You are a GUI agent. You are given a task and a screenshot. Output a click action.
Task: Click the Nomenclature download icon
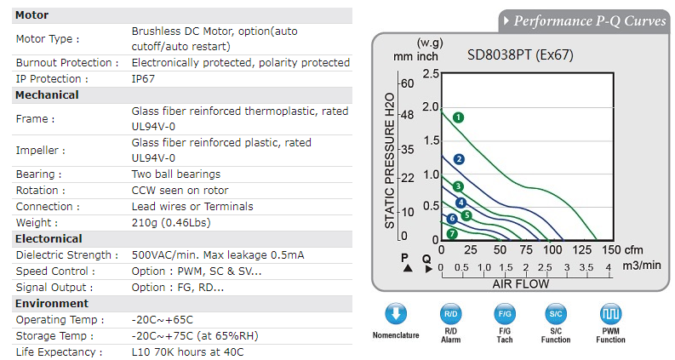pyautogui.click(x=395, y=314)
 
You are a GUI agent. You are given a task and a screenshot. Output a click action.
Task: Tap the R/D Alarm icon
pyautogui.click(x=450, y=314)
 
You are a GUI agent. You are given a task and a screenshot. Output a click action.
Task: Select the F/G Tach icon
pyautogui.click(x=504, y=314)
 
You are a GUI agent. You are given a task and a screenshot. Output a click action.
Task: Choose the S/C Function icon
pyautogui.click(x=556, y=314)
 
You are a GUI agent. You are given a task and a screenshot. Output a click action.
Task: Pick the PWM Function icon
pyautogui.click(x=610, y=314)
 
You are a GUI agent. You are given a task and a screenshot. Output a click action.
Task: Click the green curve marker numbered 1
pyautogui.click(x=458, y=117)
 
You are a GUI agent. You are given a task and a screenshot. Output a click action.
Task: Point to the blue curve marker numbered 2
pyautogui.click(x=459, y=159)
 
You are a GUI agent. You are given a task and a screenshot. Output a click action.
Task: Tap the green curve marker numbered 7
pyautogui.click(x=452, y=233)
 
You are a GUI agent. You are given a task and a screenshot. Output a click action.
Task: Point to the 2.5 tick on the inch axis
pyautogui.click(x=431, y=74)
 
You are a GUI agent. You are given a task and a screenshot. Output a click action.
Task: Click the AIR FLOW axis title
pyautogui.click(x=521, y=284)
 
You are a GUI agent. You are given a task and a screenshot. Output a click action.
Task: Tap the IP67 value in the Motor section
pyautogui.click(x=144, y=79)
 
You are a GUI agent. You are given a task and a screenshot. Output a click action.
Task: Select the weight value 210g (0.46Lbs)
pyautogui.click(x=171, y=222)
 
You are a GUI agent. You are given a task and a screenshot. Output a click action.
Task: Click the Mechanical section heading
pyautogui.click(x=47, y=95)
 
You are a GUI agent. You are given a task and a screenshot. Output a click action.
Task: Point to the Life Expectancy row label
pyautogui.click(x=59, y=351)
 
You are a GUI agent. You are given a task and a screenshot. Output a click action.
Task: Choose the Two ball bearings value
pyautogui.click(x=175, y=174)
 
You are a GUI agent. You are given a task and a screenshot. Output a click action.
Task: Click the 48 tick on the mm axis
pyautogui.click(x=408, y=114)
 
